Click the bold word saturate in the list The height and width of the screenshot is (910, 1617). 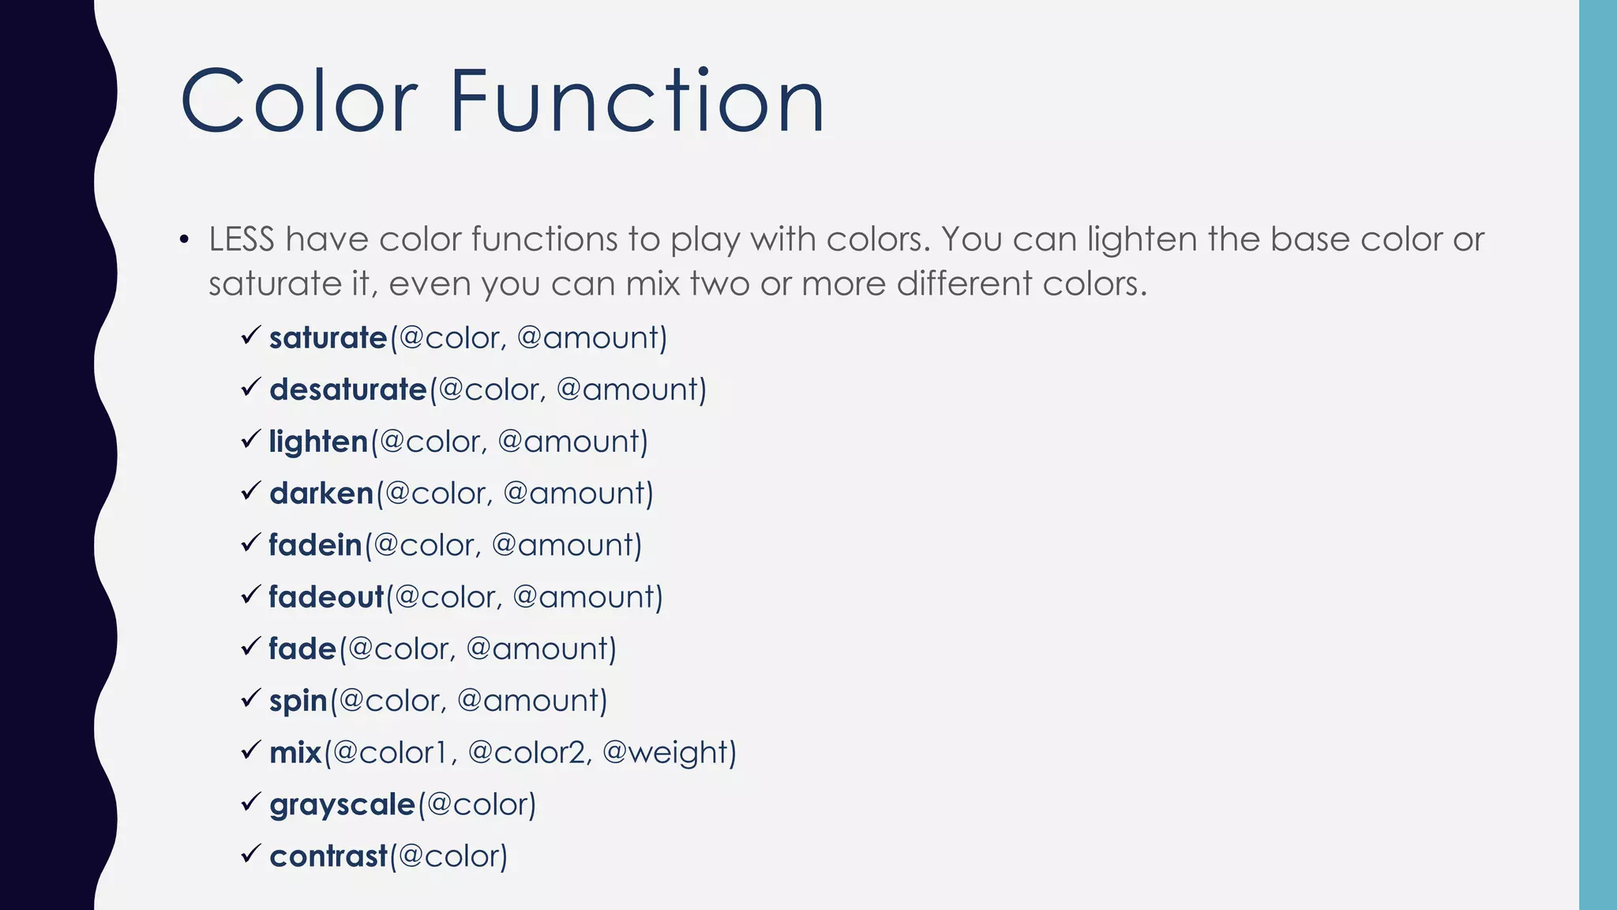pyautogui.click(x=328, y=338)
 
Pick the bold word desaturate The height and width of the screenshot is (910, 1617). pyautogui.click(x=347, y=389)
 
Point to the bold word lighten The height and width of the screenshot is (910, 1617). pyautogui.click(x=318, y=442)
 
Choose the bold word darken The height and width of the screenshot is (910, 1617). pyautogui.click(x=321, y=494)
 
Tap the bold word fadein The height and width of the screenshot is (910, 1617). pyautogui.click(x=315, y=545)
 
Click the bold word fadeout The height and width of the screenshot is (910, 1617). pyautogui.click(x=325, y=597)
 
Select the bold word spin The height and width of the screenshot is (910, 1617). pyautogui.click(x=298, y=701)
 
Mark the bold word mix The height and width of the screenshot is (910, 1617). pyautogui.click(x=295, y=753)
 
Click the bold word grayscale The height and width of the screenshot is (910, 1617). pyautogui.click(x=342, y=805)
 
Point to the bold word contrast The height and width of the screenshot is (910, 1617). pyautogui.click(x=328, y=856)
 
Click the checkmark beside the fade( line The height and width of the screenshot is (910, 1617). pyautogui.click(x=250, y=647)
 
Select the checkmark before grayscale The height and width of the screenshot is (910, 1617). pyautogui.click(x=250, y=803)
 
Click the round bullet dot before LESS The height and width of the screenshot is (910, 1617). pyautogui.click(x=184, y=239)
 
